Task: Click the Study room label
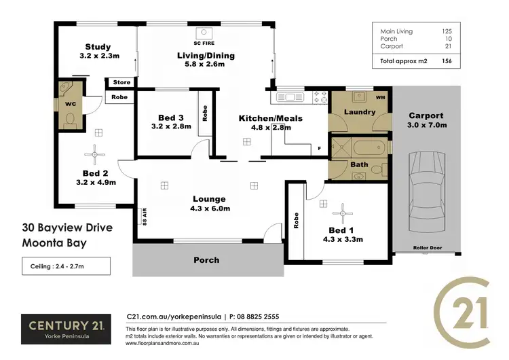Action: click(98, 47)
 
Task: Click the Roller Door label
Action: click(427, 248)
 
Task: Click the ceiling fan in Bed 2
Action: click(95, 154)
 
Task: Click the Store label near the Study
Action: click(121, 83)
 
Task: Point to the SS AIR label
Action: click(143, 215)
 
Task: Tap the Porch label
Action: click(206, 259)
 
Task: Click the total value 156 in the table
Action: click(447, 61)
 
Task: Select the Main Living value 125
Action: click(447, 31)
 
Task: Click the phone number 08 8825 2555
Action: click(255, 317)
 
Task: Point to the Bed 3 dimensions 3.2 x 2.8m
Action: click(166, 126)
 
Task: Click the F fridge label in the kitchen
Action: click(318, 148)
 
